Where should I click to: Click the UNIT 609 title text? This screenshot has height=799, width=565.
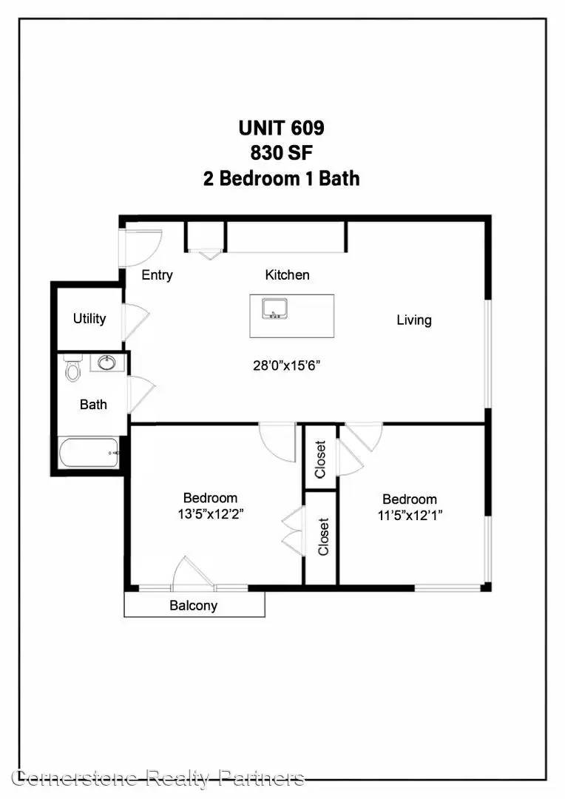[x=281, y=128]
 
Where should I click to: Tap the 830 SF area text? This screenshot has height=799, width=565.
[x=281, y=153]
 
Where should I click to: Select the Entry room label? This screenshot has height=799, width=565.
[x=157, y=275]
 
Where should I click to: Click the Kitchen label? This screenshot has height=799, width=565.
[x=288, y=274]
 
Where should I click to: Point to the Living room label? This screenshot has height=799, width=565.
[x=414, y=320]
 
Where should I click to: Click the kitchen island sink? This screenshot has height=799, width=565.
[x=275, y=309]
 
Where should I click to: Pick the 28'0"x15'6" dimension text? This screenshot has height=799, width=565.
[x=287, y=365]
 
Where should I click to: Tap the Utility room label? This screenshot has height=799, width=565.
[x=89, y=319]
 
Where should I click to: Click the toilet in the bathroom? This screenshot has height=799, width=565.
[x=73, y=368]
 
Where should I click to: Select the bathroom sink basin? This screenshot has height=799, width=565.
[x=107, y=363]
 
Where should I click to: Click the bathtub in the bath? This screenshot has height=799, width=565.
[x=89, y=453]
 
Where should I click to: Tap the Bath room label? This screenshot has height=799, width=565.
[x=93, y=405]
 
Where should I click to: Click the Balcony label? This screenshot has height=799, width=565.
[x=194, y=605]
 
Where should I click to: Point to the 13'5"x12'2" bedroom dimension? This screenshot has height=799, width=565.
[x=211, y=514]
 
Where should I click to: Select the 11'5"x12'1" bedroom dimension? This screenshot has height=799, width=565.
[x=410, y=515]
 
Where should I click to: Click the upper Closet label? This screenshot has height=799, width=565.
[x=320, y=459]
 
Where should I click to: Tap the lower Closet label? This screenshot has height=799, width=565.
[x=323, y=536]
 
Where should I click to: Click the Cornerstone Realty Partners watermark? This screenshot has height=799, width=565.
[x=159, y=778]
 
